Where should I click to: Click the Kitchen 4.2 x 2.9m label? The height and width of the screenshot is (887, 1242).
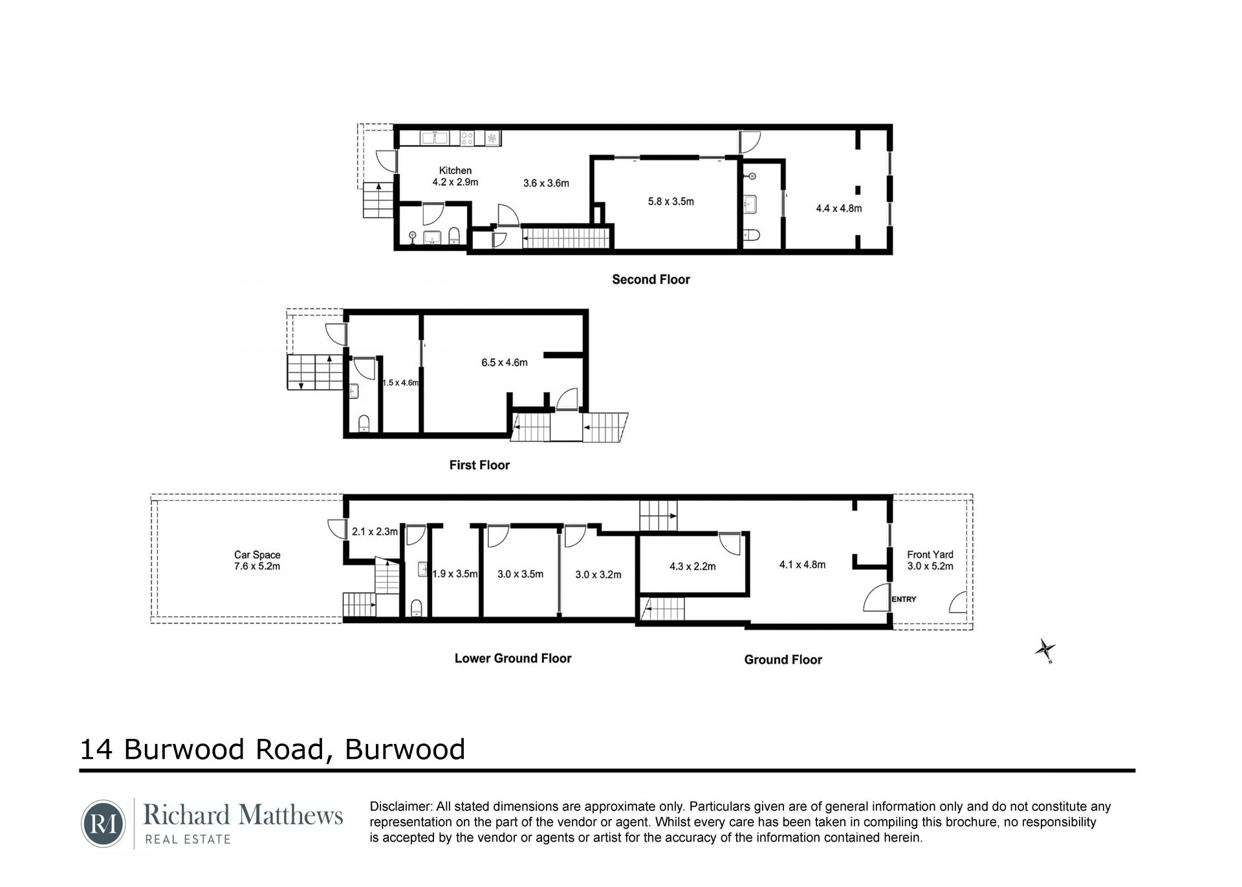click(455, 176)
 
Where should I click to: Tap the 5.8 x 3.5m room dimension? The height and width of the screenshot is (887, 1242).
click(671, 201)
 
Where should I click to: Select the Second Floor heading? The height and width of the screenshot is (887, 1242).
click(651, 279)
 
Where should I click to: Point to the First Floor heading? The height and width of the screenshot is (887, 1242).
click(479, 465)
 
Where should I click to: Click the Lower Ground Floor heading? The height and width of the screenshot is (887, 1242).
click(513, 659)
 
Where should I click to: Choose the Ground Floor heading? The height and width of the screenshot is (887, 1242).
click(783, 660)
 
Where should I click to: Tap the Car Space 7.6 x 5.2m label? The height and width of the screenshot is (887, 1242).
click(257, 560)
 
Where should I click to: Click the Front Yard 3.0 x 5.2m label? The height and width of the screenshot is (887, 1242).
click(930, 560)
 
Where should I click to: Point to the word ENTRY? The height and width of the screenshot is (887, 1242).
click(904, 599)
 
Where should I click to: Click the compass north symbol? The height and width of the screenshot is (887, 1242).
click(1045, 650)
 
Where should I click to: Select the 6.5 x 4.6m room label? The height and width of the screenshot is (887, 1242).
click(504, 362)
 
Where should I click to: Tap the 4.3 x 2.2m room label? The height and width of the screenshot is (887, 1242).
click(692, 567)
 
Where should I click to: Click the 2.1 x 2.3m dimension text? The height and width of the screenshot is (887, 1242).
click(375, 532)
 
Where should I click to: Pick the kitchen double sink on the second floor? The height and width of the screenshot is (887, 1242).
click(434, 138)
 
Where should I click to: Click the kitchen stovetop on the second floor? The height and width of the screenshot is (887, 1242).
click(467, 138)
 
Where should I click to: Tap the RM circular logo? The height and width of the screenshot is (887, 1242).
click(103, 824)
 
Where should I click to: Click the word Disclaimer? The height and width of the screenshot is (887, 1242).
click(400, 807)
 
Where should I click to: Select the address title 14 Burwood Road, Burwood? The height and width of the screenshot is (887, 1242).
click(272, 749)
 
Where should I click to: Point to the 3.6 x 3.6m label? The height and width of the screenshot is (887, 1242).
click(546, 183)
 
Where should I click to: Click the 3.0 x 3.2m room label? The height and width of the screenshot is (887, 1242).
click(598, 575)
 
